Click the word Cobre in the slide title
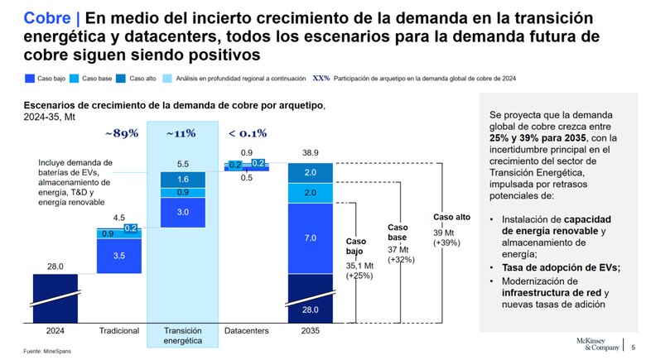pos(46,17)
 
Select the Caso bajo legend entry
pos(48,78)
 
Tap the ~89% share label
pos(122,132)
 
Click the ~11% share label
pos(181,132)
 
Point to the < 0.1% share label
pos(247,132)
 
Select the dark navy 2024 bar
pos(55,297)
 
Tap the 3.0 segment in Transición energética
pos(182,213)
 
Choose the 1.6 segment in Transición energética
pos(182,180)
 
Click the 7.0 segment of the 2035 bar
pos(310,238)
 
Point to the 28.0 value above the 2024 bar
pos(55,266)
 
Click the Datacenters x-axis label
pos(246,331)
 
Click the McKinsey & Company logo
pos(595,345)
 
